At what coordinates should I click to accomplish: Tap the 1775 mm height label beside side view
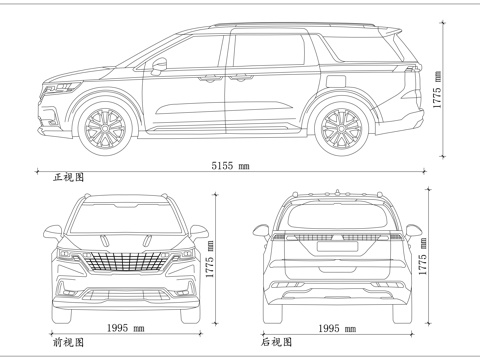click(x=438, y=94)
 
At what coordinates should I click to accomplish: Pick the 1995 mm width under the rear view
click(x=337, y=328)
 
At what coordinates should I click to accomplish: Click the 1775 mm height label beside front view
click(x=210, y=257)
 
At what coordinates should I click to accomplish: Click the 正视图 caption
click(x=69, y=177)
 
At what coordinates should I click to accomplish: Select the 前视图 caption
click(x=67, y=342)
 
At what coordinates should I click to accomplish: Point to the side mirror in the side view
click(x=159, y=66)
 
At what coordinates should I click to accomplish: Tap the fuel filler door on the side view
click(x=337, y=82)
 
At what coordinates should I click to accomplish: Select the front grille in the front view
click(x=124, y=264)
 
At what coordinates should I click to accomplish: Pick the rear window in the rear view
click(x=337, y=215)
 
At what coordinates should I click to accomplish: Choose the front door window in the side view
click(x=190, y=55)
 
